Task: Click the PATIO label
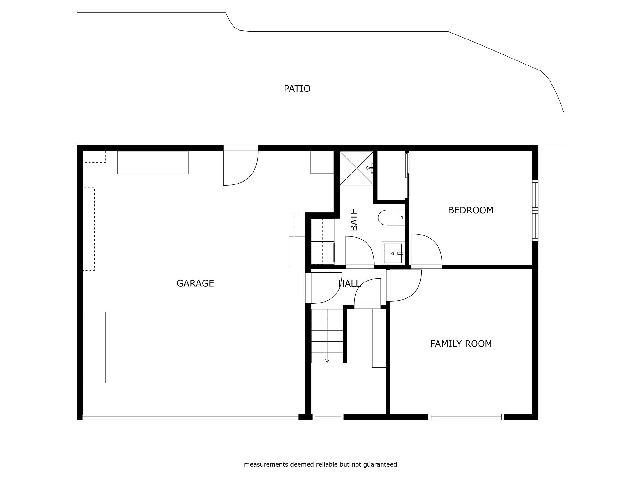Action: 297,89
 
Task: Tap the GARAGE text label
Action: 195,283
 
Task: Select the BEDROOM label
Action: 470,210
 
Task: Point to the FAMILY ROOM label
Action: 461,344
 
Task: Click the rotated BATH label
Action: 354,220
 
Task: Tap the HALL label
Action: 349,284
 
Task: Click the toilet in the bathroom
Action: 392,218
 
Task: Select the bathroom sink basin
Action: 393,253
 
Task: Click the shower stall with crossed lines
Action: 356,168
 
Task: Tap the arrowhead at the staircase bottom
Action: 327,360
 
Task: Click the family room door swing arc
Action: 414,292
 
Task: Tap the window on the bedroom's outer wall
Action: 535,210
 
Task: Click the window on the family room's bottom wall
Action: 466,417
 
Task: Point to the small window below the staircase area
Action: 328,417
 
